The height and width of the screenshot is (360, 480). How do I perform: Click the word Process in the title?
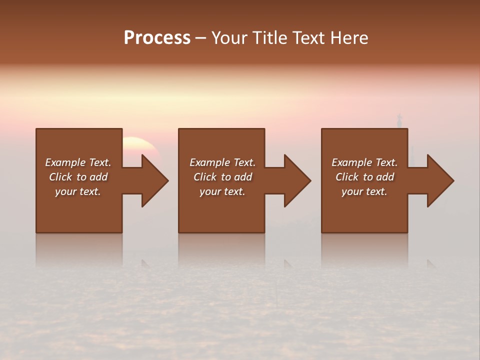(x=157, y=38)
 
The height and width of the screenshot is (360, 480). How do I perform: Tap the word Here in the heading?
(x=348, y=38)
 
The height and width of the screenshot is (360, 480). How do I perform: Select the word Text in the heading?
(x=308, y=38)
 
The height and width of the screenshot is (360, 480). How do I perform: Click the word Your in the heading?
(x=228, y=38)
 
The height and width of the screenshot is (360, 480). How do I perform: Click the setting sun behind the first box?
(x=140, y=145)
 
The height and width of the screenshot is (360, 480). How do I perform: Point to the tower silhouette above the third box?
(x=399, y=120)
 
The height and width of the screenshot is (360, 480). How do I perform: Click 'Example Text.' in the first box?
(x=78, y=162)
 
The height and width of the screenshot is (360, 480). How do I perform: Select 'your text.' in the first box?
(x=78, y=191)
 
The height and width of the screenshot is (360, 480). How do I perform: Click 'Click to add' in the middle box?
(x=222, y=177)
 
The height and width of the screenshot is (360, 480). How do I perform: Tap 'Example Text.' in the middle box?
(x=222, y=162)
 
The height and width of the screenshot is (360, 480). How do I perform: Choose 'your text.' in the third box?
(x=364, y=191)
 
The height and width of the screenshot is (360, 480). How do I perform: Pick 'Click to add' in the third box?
(x=364, y=177)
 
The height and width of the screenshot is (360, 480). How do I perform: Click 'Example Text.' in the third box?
(x=364, y=162)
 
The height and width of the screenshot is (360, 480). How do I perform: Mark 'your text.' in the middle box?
(x=222, y=191)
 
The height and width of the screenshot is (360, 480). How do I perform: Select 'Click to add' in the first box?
(x=78, y=177)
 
